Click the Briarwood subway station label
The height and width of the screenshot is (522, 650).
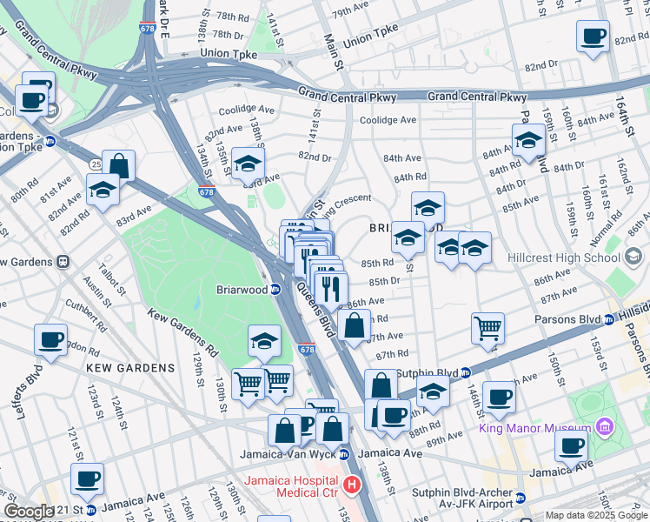[x=242, y=290]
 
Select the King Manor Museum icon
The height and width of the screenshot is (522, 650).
[x=604, y=428]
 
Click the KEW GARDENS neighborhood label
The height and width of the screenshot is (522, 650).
[x=130, y=368]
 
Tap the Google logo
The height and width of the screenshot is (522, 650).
[x=29, y=512]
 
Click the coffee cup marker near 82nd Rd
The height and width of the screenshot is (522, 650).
[x=594, y=37]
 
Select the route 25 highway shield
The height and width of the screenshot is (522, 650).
[x=95, y=164]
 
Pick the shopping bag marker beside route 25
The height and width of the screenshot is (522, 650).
[x=121, y=165]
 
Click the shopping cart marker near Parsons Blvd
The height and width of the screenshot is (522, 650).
[x=487, y=328]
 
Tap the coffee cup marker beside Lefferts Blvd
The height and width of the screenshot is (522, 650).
[x=51, y=339]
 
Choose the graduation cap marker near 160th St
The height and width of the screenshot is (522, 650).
[x=527, y=140]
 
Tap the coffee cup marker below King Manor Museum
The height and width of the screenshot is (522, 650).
[x=572, y=446]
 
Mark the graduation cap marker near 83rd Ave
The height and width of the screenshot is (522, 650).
[x=248, y=164]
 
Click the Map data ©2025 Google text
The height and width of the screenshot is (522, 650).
[x=595, y=515]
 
